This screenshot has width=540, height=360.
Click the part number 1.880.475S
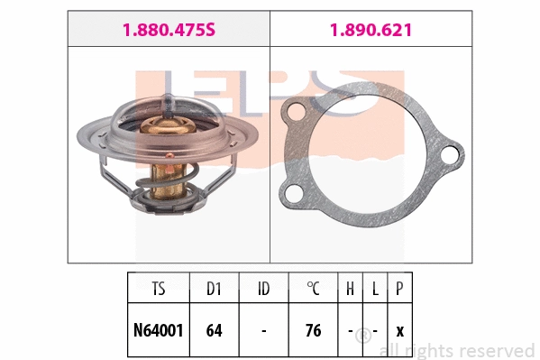pyautogui.click(x=169, y=30)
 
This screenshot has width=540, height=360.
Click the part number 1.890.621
pyautogui.click(x=371, y=30)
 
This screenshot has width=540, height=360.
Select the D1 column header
pyautogui.click(x=214, y=291)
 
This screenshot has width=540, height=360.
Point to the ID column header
pyautogui.click(x=263, y=291)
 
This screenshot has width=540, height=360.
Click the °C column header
pyautogui.click(x=313, y=291)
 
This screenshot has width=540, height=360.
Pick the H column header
pyautogui.click(x=350, y=291)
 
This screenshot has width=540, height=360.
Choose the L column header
pyautogui.click(x=375, y=291)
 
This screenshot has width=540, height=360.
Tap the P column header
pyautogui.click(x=399, y=291)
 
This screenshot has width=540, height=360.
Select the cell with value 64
pyautogui.click(x=214, y=330)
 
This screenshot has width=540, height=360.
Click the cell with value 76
pyautogui.click(x=313, y=330)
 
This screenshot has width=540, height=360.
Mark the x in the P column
pyautogui.click(x=399, y=331)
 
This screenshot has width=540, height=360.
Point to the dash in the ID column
pyautogui.click(x=263, y=331)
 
